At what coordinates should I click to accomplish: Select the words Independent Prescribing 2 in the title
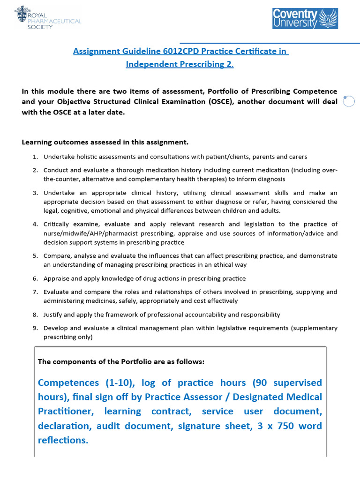point(179,64)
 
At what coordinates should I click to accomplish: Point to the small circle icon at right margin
point(349,101)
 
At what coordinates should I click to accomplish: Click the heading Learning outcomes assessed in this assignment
point(105,142)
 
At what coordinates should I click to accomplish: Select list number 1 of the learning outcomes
point(35,157)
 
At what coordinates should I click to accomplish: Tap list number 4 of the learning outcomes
point(35,224)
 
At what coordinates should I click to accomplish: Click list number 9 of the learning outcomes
point(35,328)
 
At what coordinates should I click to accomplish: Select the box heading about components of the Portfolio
point(121,361)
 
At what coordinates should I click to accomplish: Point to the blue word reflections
point(63,440)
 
